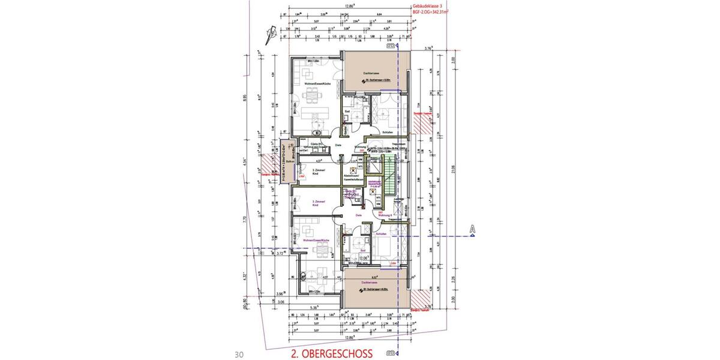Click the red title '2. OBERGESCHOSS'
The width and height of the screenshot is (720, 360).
(331, 353)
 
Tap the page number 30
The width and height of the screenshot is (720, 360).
(238, 354)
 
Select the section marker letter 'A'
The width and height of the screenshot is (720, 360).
(472, 229)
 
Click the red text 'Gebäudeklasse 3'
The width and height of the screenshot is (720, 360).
(430, 5)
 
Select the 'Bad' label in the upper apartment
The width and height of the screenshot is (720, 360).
(347, 111)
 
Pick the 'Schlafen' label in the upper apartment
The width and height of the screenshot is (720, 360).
(386, 132)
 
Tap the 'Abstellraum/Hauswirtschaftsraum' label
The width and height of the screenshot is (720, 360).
(352, 177)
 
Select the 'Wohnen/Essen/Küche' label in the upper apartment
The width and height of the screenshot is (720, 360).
(317, 84)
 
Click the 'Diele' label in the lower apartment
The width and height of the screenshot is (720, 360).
(359, 214)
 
